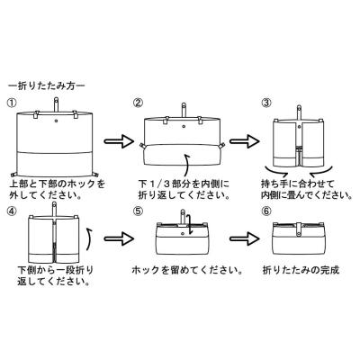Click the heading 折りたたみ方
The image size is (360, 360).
pos(47,86)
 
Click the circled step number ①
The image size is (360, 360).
pos(12,103)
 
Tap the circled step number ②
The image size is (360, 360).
pos(139,103)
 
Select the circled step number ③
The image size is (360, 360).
pos(265,103)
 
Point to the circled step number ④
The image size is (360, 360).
pos(12,211)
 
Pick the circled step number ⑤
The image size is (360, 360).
pos(139,211)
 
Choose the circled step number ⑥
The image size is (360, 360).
pos(265,211)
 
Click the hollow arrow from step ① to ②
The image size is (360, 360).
pos(118,140)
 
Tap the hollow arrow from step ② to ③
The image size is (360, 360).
pos(245,140)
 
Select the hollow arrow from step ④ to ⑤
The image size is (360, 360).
pos(118,238)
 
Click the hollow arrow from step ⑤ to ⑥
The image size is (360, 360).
pos(245,238)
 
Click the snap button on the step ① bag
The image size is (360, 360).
pos(57,121)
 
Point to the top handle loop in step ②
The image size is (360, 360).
pos(184,110)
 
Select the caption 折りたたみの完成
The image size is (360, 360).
pos(301,270)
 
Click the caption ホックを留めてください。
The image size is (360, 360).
pos(187,270)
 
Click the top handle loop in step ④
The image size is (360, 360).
pos(55,210)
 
